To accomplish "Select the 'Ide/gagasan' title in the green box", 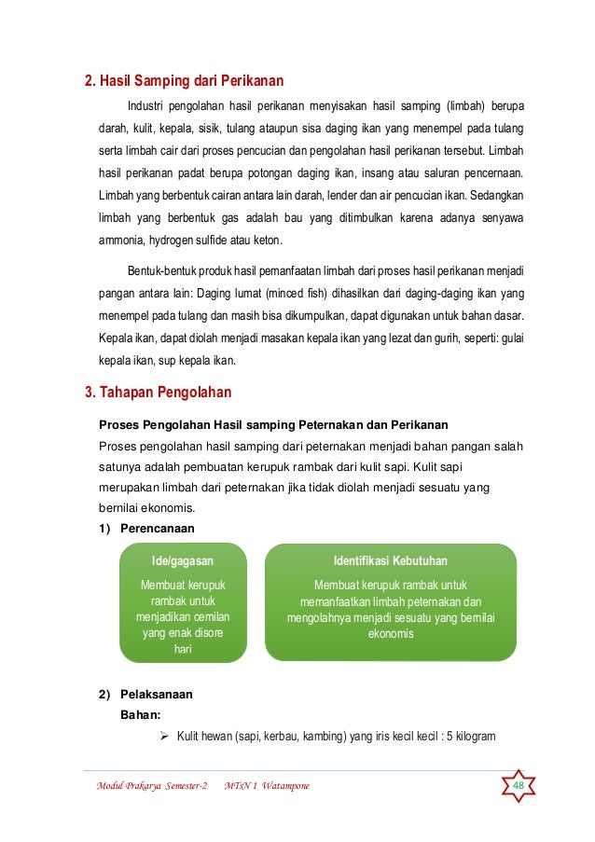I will pyautogui.click(x=183, y=561).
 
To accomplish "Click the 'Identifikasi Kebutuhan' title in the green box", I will pyautogui.click(x=390, y=561).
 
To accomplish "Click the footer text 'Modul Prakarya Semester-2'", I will pyautogui.click(x=151, y=787).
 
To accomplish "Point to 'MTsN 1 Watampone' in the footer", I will pyautogui.click(x=268, y=787).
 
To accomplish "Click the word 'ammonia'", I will pyautogui.click(x=124, y=240).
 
